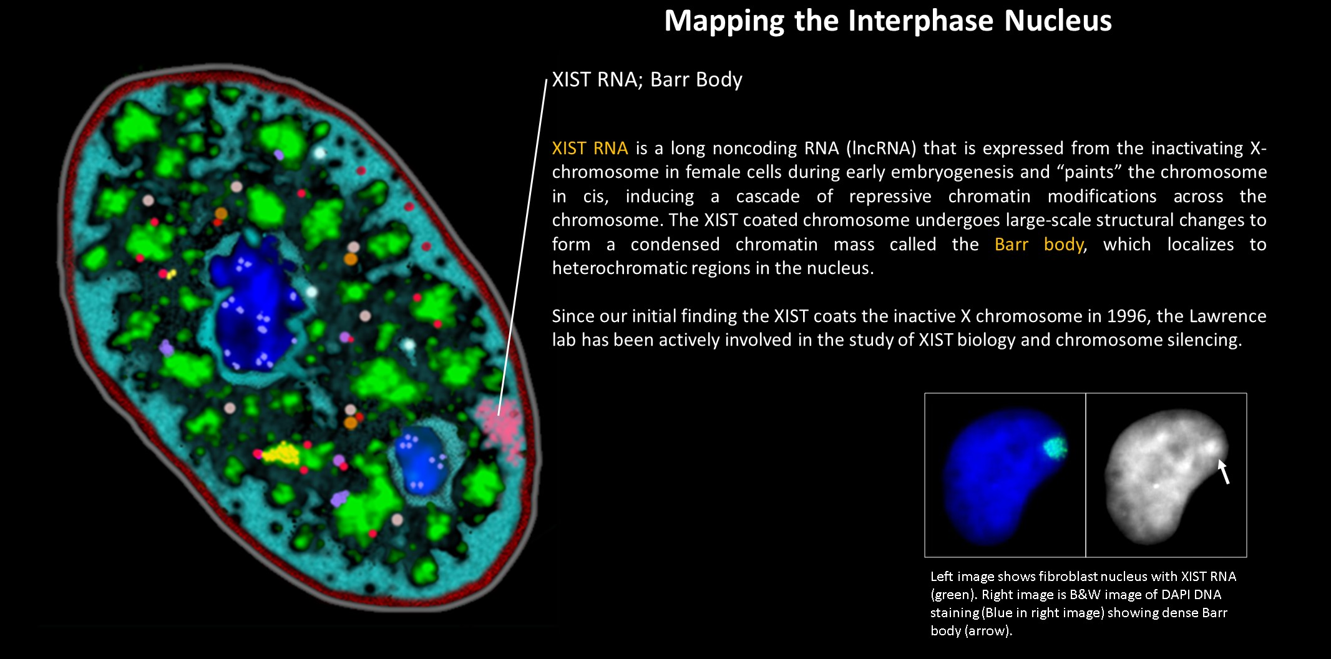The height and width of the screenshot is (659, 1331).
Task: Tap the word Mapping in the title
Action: pos(724,21)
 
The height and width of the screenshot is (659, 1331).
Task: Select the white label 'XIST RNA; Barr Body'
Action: pos(647,80)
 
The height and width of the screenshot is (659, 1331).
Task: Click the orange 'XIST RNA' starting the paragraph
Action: pos(590,149)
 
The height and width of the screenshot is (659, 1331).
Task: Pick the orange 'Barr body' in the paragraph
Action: pos(1039,245)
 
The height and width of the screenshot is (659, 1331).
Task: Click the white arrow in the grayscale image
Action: pos(1224,472)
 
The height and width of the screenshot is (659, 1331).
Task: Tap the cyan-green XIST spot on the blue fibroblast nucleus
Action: pos(1055,447)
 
